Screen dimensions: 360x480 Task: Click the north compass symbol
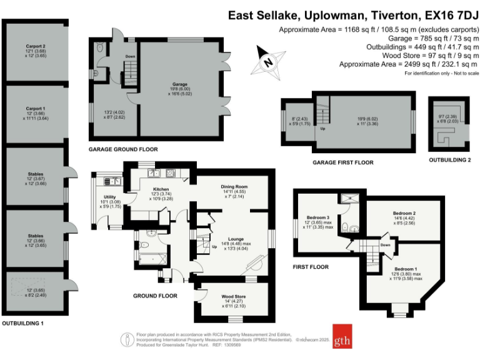[267, 62]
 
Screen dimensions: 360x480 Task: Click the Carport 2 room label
[35, 46]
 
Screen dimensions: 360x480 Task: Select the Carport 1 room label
[35, 107]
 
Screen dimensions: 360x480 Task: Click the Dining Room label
[234, 187]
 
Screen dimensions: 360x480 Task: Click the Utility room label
[110, 197]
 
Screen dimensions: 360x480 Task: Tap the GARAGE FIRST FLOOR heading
[342, 162]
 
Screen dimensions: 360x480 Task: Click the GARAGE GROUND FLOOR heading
[122, 149]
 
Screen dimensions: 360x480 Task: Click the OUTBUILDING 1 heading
[22, 322]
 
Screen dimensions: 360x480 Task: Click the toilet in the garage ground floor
[101, 47]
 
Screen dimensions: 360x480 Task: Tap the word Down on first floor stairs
[385, 246]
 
